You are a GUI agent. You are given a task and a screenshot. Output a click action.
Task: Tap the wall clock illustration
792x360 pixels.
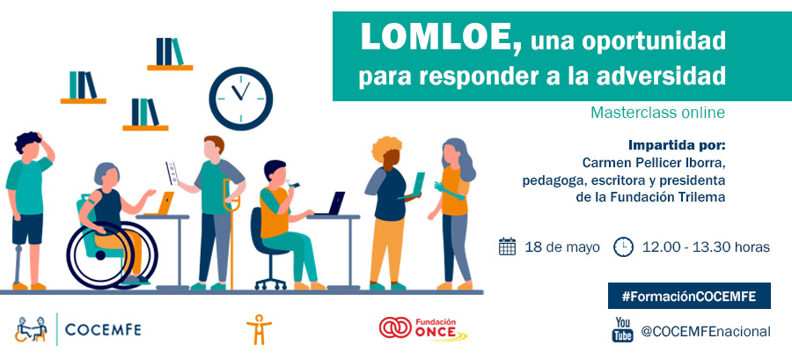[241, 99]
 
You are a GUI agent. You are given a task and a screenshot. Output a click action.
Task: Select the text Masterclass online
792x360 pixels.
[657, 113]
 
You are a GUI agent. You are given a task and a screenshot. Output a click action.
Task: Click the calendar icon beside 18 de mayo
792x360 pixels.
[507, 246]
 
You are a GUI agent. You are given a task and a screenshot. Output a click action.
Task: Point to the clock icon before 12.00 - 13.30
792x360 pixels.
[623, 247]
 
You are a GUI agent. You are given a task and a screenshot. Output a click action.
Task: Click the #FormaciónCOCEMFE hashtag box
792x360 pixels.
[689, 296]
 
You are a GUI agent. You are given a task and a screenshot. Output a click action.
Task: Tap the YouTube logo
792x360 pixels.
[623, 330]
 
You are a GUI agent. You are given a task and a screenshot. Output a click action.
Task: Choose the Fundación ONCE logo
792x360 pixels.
[422, 328]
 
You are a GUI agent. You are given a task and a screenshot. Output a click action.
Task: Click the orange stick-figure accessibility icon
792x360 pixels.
[259, 329]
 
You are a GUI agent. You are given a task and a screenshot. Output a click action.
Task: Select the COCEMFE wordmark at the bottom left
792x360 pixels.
[103, 330]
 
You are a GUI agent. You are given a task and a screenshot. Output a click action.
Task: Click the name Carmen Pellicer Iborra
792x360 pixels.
[654, 164]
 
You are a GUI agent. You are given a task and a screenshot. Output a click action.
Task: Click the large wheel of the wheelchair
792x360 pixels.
[100, 255]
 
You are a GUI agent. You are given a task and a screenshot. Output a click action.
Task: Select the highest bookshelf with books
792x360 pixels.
[170, 54]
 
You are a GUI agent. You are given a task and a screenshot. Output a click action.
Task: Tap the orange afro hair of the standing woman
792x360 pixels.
[387, 149]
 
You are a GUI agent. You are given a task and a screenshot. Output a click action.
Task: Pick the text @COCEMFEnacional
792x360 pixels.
[706, 332]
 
